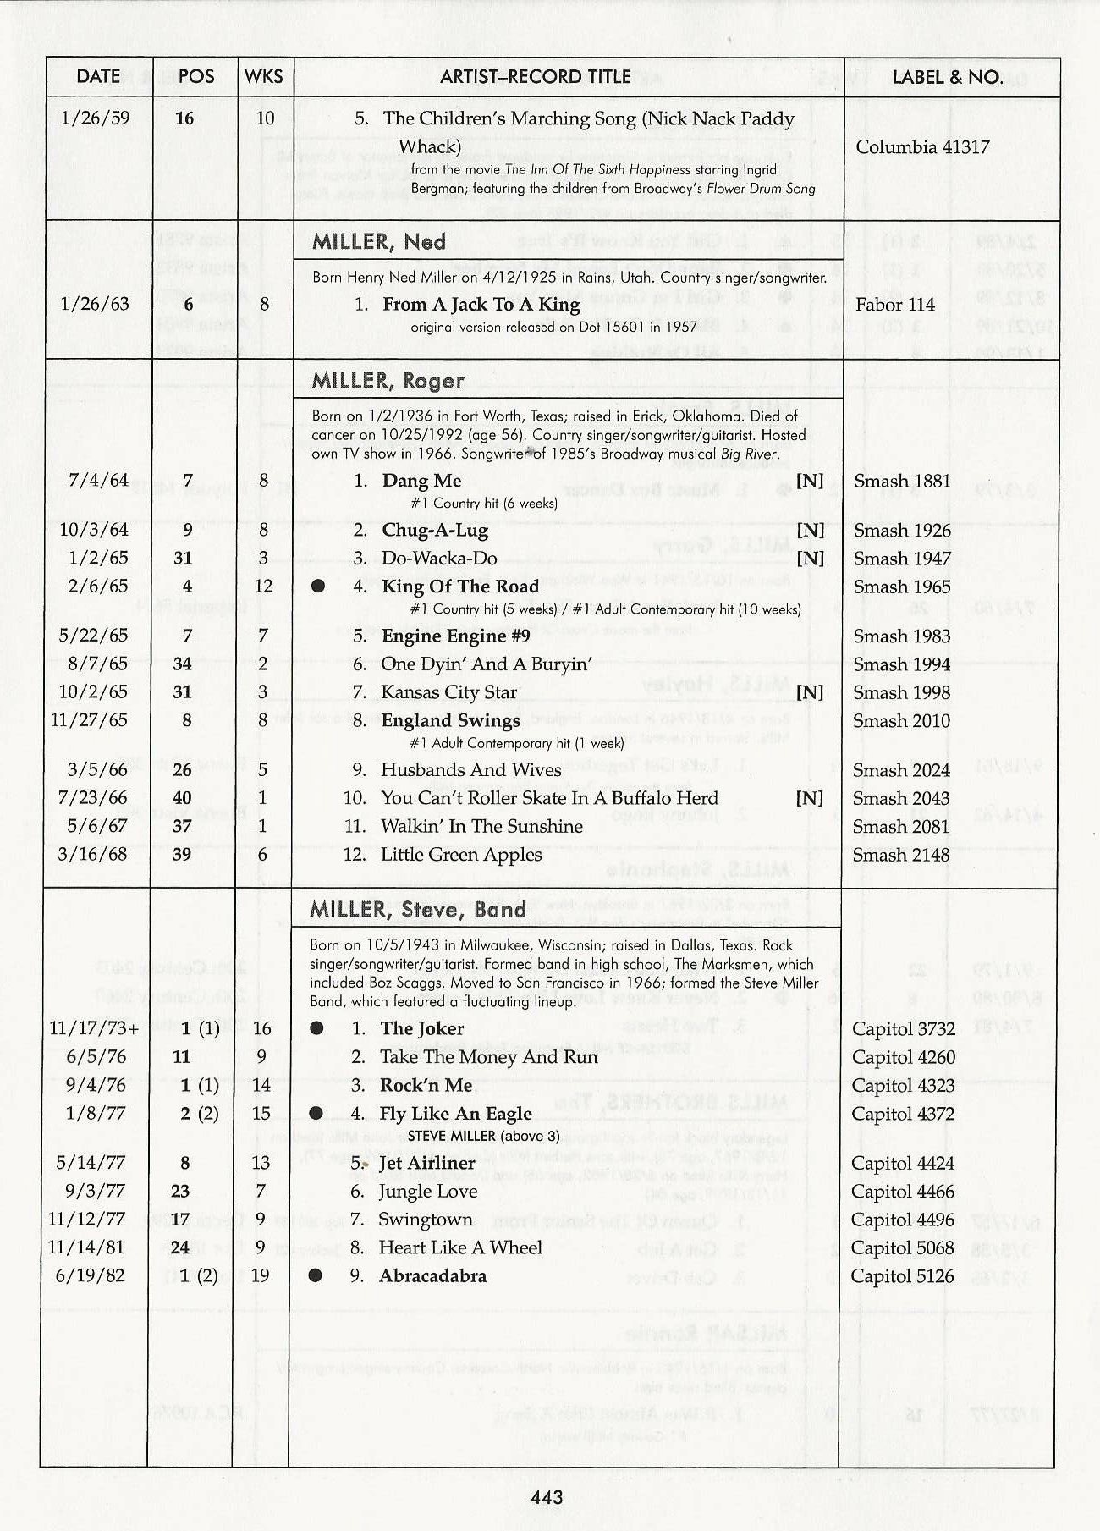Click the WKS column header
263,77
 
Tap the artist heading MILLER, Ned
378,241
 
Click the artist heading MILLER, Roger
388,381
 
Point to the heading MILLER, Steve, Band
417,910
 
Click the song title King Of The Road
459,587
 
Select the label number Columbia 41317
922,147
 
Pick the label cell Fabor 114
894,305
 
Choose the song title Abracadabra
432,1275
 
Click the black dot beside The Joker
316,1028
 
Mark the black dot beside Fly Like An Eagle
316,1113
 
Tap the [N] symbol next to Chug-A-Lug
810,531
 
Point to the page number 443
546,1497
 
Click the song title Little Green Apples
461,855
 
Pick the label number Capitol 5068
902,1247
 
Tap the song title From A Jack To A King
481,305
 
